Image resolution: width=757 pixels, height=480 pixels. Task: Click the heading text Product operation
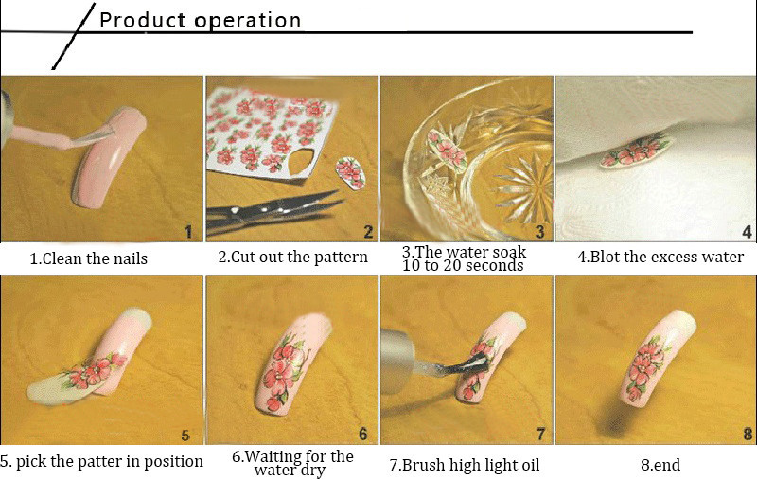click(x=200, y=20)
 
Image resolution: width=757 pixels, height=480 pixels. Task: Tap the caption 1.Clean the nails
click(x=89, y=258)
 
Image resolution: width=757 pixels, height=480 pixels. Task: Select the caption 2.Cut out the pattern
click(x=292, y=257)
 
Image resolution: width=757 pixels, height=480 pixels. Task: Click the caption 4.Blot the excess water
click(x=660, y=257)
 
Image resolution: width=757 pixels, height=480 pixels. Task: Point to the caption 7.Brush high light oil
click(x=465, y=465)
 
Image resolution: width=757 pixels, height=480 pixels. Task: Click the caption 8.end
click(x=660, y=465)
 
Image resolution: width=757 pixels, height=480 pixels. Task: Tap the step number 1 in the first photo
click(x=188, y=232)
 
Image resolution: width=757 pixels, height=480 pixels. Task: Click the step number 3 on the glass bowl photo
click(x=539, y=232)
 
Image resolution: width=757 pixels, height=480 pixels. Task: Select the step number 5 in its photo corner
click(x=185, y=436)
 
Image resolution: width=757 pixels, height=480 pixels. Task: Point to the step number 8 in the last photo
click(x=748, y=435)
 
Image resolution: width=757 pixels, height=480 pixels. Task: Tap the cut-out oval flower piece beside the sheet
click(x=350, y=172)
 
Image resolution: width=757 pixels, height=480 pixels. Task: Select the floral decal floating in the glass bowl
click(x=447, y=150)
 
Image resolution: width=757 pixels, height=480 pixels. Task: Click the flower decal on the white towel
click(x=636, y=151)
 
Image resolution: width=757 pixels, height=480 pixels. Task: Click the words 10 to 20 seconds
click(x=463, y=266)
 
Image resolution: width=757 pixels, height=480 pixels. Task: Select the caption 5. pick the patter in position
click(x=101, y=462)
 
